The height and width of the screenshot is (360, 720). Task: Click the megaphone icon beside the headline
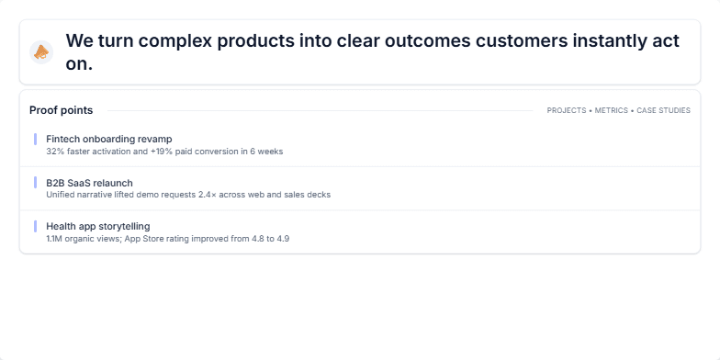tap(41, 52)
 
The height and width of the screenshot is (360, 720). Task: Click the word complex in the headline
tap(188, 41)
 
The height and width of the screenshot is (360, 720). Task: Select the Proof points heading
tap(61, 110)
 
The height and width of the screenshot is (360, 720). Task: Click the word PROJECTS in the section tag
tap(566, 110)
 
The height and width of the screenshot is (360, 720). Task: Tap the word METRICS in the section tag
tap(612, 110)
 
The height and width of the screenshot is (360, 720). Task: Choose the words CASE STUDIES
tap(663, 110)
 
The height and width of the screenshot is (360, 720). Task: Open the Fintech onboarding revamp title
tap(108, 139)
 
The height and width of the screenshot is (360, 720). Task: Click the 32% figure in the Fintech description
tap(54, 151)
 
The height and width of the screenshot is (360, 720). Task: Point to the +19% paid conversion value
tap(187, 151)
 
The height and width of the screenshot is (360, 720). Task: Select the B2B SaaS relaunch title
tap(89, 183)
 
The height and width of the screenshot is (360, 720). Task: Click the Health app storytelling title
tap(97, 226)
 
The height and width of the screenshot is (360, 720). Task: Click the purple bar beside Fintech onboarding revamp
tap(35, 139)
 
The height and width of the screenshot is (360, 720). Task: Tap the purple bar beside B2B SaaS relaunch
tap(35, 183)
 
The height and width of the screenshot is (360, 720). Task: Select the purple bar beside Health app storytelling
tap(35, 226)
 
